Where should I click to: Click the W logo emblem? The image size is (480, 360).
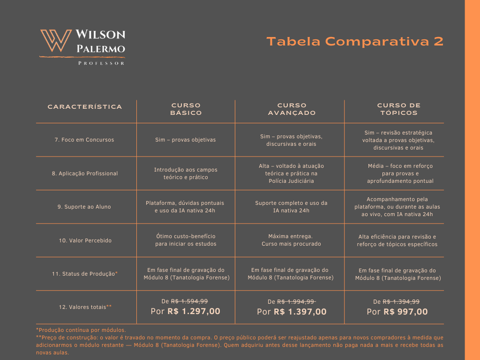tap(56, 41)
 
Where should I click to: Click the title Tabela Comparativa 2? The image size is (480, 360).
tap(355, 41)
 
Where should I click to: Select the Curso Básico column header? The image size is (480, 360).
tap(186, 109)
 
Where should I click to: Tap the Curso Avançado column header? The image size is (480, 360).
tap(292, 109)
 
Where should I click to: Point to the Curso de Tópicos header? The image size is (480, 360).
tap(398, 109)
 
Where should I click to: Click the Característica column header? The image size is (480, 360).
tap(85, 107)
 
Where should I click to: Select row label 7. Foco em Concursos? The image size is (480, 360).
tap(84, 140)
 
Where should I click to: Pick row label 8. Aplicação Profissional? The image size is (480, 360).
tap(85, 173)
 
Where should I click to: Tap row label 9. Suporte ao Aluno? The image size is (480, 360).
tap(84, 207)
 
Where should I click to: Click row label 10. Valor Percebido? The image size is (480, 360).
tap(85, 240)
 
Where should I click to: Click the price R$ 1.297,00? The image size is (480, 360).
tap(194, 311)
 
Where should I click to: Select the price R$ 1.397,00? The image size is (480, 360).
tap(300, 312)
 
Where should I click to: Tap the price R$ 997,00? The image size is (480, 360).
tap(405, 312)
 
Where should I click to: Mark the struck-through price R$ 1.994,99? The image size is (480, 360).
tap(296, 302)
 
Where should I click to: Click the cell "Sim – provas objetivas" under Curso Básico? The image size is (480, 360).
tap(186, 140)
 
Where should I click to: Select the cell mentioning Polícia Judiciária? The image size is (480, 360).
tap(291, 173)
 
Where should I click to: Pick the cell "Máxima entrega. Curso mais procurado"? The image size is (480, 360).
tap(291, 240)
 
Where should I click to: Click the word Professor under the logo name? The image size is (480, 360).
tap(101, 63)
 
